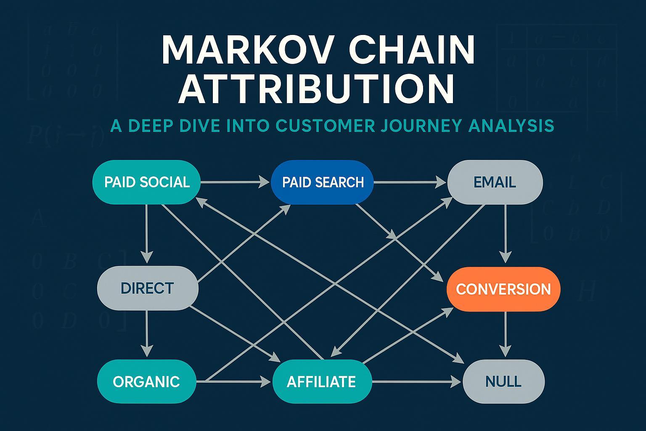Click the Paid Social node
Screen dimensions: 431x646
(x=146, y=182)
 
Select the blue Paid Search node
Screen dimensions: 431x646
(x=323, y=182)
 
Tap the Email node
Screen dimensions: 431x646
(x=495, y=182)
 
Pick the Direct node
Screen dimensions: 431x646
(x=147, y=288)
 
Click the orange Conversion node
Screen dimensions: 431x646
(x=503, y=289)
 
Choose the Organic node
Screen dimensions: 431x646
(x=146, y=382)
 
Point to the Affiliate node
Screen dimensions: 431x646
(x=322, y=382)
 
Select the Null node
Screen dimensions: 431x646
(x=503, y=382)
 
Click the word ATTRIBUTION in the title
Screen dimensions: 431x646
(x=316, y=89)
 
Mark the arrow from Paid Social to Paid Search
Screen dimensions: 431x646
(x=236, y=182)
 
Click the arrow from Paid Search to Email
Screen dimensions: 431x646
(x=410, y=182)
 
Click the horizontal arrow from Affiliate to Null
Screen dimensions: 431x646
(x=416, y=382)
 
